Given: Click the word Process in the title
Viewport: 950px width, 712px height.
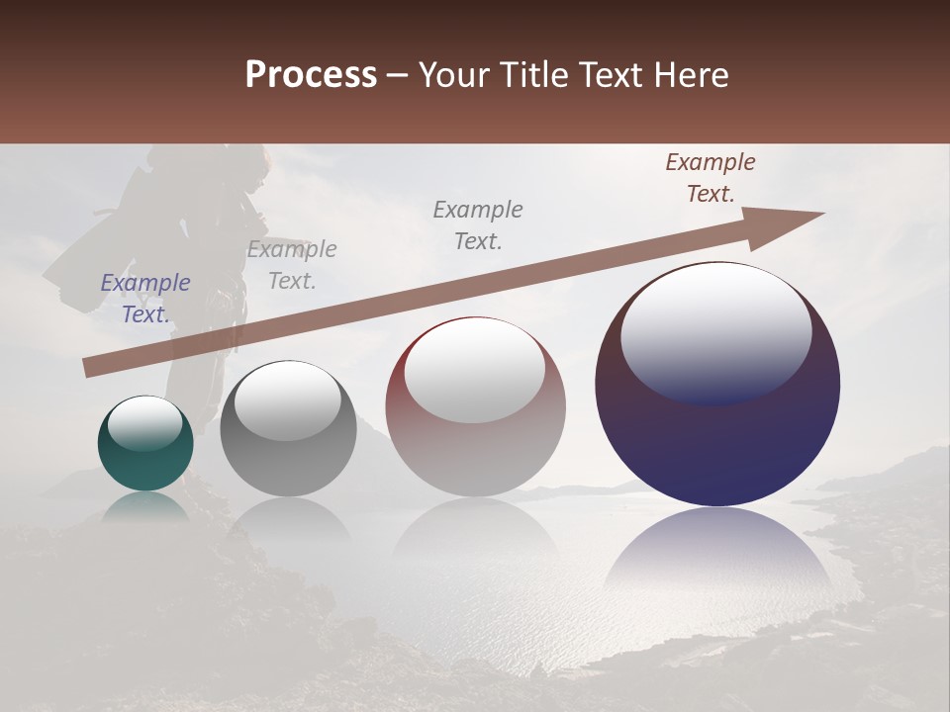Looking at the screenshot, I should [311, 75].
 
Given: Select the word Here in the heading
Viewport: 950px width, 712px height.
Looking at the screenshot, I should [690, 75].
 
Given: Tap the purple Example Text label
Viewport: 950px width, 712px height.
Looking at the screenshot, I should [145, 299].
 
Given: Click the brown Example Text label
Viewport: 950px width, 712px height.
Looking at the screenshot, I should [711, 178].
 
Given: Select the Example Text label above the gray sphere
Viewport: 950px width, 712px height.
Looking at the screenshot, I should [292, 265].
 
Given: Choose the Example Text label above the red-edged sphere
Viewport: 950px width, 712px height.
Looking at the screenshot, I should [478, 225].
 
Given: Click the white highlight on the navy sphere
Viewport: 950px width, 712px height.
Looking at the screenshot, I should [715, 331].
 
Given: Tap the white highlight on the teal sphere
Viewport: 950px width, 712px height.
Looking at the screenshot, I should [144, 422].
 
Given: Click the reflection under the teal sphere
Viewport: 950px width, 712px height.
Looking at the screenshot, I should [145, 506].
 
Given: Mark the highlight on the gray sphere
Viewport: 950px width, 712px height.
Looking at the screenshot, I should [287, 400].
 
